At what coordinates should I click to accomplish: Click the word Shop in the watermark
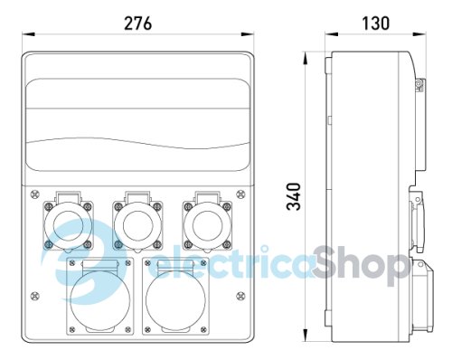coord(359,265)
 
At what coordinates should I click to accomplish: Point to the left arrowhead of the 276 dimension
coord(24,35)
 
